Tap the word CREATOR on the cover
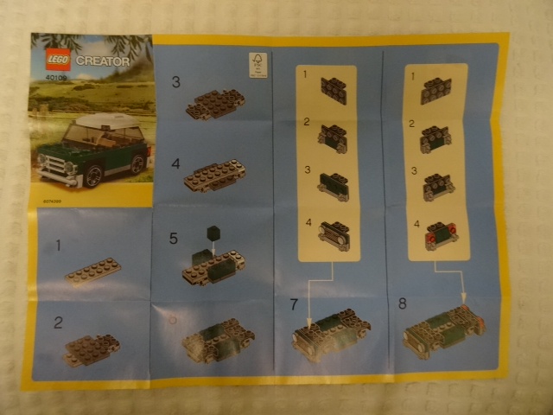tap(102, 61)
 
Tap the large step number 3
tap(175, 82)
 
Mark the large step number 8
tap(402, 304)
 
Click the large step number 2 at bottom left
tap(58, 323)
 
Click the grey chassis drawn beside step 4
tap(215, 176)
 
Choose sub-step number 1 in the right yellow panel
tap(413, 76)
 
